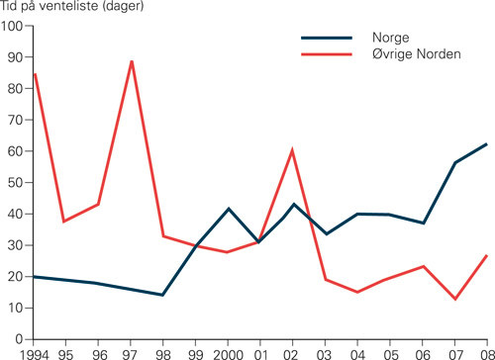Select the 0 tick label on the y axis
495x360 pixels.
coord(19,339)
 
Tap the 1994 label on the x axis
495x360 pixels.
coord(20,352)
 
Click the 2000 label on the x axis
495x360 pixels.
coord(230,352)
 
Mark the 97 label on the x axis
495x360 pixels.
coord(130,352)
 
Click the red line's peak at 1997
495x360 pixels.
coord(132,61)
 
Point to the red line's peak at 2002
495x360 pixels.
coord(293,150)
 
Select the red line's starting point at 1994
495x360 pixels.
coord(35,74)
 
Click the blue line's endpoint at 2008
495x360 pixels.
coord(487,143)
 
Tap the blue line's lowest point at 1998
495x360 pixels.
coord(162,295)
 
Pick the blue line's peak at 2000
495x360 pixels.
coord(229,209)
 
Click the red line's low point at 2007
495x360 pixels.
coord(455,299)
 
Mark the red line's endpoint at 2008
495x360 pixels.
coord(487,255)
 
